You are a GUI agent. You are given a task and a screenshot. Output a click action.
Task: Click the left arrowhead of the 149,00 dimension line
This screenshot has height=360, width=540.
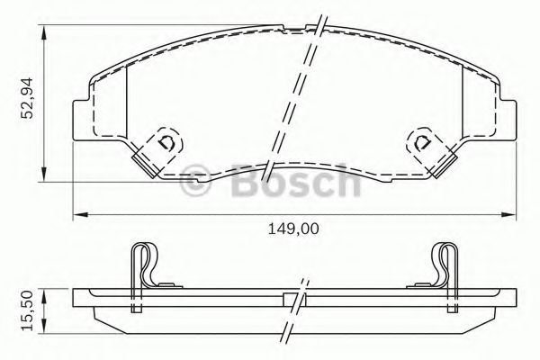point(76,214)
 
